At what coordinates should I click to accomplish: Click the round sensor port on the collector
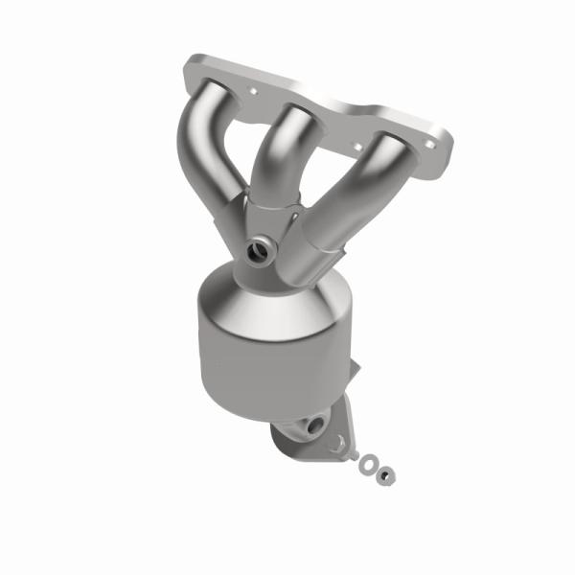coord(260,252)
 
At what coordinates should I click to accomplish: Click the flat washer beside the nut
coord(367,465)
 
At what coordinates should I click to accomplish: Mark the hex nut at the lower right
coord(385,474)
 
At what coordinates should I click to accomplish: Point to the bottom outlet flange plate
coord(297,436)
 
